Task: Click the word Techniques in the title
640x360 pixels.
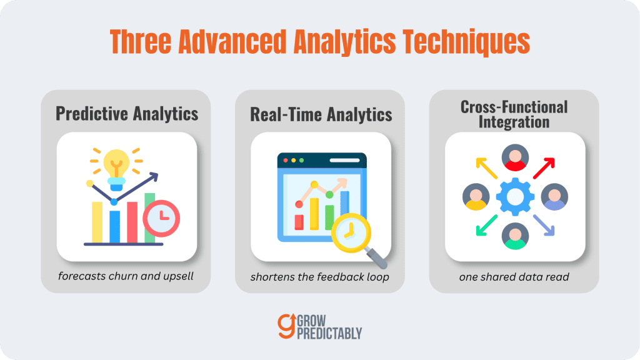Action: pyautogui.click(x=466, y=42)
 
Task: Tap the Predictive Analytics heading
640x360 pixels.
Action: pyautogui.click(x=127, y=114)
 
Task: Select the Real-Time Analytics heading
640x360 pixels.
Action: pyautogui.click(x=321, y=114)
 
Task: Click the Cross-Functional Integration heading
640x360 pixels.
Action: pyautogui.click(x=514, y=114)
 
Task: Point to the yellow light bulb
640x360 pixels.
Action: pyautogui.click(x=116, y=169)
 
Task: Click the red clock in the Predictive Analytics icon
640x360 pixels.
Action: pyautogui.click(x=161, y=218)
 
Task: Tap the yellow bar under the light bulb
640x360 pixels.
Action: pyautogui.click(x=97, y=222)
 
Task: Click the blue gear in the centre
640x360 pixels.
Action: pyautogui.click(x=515, y=197)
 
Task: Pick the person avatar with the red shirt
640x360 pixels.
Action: pyautogui.click(x=515, y=157)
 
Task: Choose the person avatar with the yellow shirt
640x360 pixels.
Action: pyautogui.click(x=476, y=197)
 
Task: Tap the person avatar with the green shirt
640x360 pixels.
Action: pyautogui.click(x=515, y=236)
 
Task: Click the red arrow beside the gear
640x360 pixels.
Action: pyautogui.click(x=544, y=168)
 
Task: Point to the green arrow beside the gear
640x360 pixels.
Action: pyautogui.click(x=486, y=225)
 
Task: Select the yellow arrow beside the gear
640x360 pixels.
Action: pyautogui.click(x=486, y=168)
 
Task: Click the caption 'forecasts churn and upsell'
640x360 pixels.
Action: pyautogui.click(x=126, y=276)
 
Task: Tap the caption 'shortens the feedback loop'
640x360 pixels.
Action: pyautogui.click(x=319, y=277)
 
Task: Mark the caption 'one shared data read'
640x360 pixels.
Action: pyautogui.click(x=514, y=277)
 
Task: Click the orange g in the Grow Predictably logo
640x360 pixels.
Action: pyautogui.click(x=286, y=326)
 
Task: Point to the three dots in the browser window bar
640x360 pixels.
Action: pyautogui.click(x=294, y=161)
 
